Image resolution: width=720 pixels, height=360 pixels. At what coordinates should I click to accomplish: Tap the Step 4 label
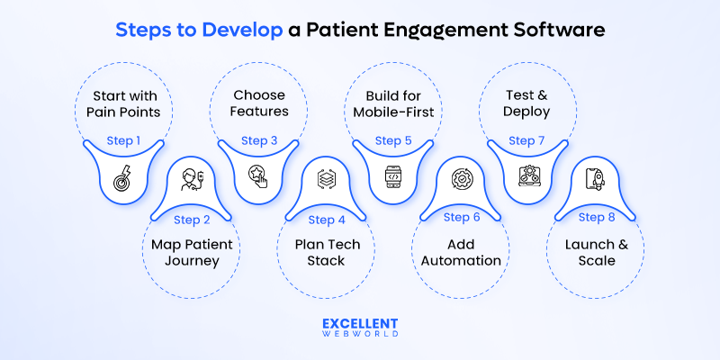326,219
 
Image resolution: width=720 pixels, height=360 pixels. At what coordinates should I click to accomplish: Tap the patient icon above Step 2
191,179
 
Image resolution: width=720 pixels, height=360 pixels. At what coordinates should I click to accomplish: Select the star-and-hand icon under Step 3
259,175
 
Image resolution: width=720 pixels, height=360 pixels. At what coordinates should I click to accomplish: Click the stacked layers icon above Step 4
326,178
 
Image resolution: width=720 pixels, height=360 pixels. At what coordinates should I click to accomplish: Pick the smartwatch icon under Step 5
393,175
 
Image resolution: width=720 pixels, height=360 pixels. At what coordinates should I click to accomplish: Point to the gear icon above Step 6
460,178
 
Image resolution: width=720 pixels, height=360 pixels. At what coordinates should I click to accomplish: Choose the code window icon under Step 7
527,175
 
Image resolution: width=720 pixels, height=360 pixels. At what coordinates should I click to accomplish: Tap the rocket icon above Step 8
595,178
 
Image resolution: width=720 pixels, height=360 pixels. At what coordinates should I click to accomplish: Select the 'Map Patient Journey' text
192,253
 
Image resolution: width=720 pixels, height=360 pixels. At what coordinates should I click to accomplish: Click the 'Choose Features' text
259,104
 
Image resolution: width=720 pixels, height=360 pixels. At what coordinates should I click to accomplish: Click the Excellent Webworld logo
360,328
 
